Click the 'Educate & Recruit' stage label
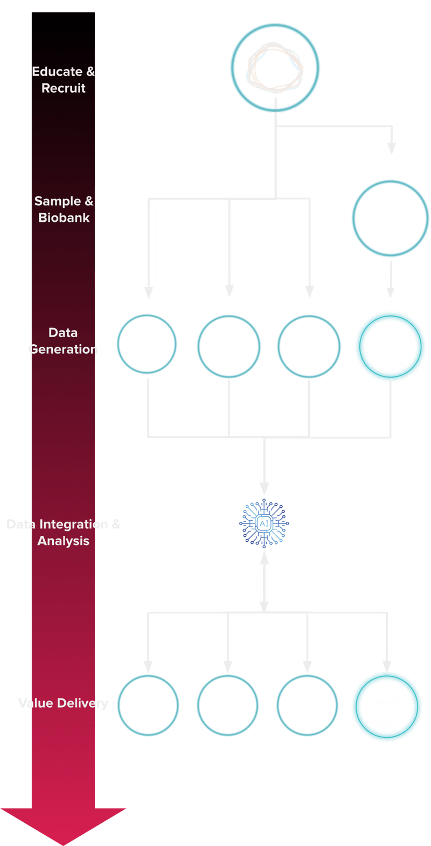pyautogui.click(x=63, y=80)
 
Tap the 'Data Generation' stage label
pyautogui.click(x=63, y=341)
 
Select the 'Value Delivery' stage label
pyautogui.click(x=63, y=703)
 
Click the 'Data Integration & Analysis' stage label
pyautogui.click(x=63, y=533)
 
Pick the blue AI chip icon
pyautogui.click(x=264, y=523)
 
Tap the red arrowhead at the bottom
pyautogui.click(x=63, y=824)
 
